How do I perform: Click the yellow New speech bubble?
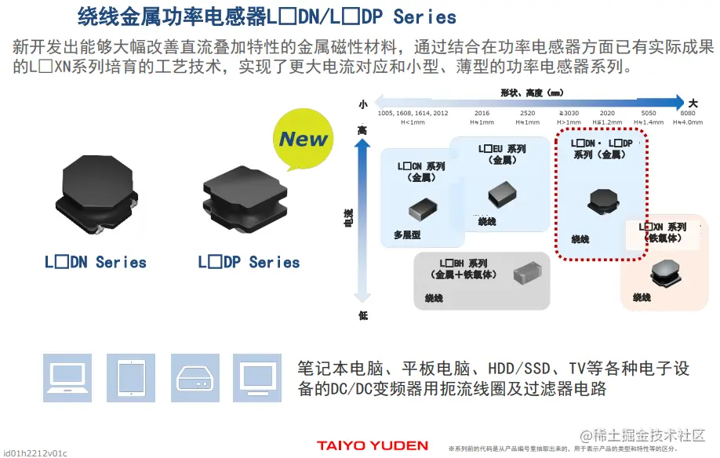tap(304, 140)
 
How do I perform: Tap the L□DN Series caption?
tap(96, 263)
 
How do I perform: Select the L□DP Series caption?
tap(249, 263)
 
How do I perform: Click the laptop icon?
tap(67, 377)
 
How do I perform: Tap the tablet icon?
tap(130, 377)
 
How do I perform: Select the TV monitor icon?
tap(256, 377)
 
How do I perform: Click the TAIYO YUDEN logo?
tap(373, 445)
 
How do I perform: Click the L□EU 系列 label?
tap(502, 149)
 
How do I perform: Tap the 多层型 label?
tap(407, 234)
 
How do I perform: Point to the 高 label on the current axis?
tap(362, 130)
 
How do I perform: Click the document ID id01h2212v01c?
tap(35, 453)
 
